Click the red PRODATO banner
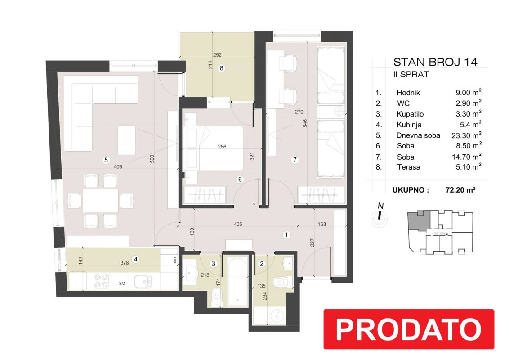[x=409, y=329]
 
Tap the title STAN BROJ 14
[x=435, y=62]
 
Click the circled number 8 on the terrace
[x=221, y=68]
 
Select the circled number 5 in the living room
[x=106, y=160]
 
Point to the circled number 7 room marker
[x=295, y=160]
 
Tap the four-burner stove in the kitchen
[x=101, y=281]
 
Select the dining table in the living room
[x=100, y=201]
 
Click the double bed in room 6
[x=213, y=148]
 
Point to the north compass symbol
[x=379, y=217]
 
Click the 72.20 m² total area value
[x=460, y=190]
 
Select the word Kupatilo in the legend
[x=410, y=114]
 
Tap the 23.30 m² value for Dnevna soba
[x=466, y=135]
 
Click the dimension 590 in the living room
[x=152, y=159]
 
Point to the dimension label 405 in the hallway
[x=237, y=224]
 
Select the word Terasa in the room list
[x=408, y=167]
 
